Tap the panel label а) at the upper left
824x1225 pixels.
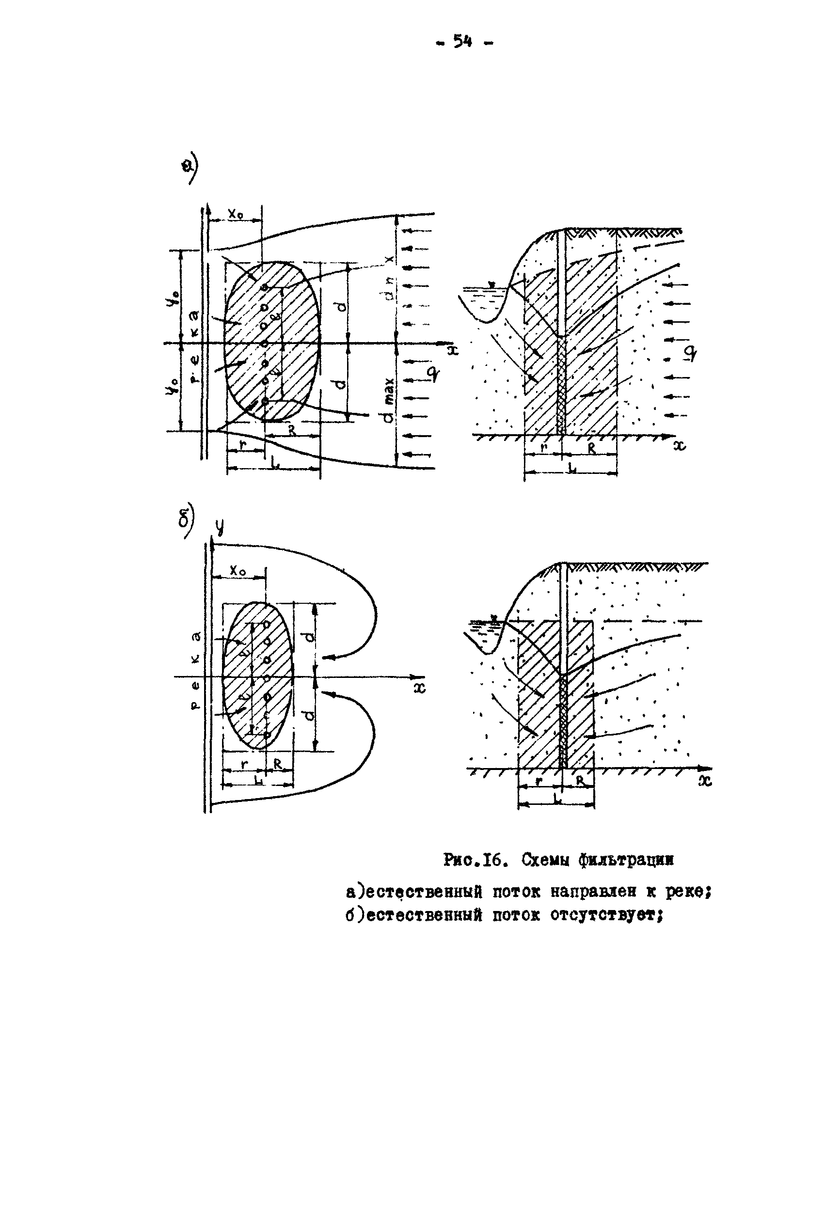pos(189,168)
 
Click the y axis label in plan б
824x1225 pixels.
pos(219,526)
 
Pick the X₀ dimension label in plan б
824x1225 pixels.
pos(238,571)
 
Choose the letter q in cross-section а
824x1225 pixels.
pos(691,354)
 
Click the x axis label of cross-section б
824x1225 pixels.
pos(705,781)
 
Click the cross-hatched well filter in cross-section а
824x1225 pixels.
pos(561,386)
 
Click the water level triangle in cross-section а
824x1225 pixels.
pos(491,285)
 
